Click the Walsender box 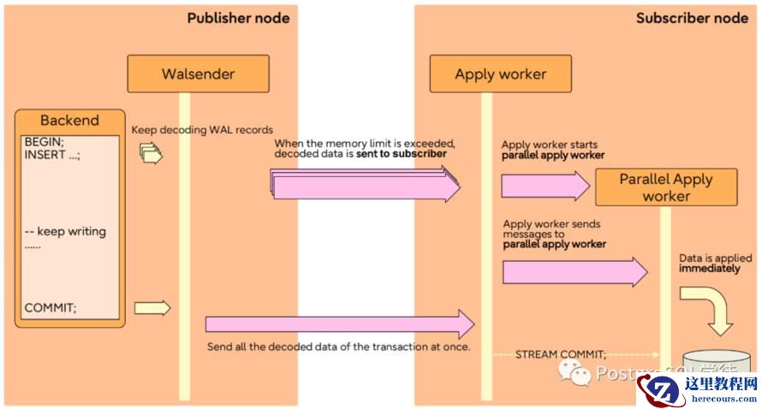pos(198,74)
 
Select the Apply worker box pos(500,74)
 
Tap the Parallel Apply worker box pos(666,187)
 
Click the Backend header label pos(69,121)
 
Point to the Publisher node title pos(238,17)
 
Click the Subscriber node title pos(692,17)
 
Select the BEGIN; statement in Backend pos(44,141)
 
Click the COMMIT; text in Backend pos(50,308)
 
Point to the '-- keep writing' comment pos(65,231)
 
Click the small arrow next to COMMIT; pos(152,308)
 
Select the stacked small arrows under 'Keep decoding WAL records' pos(152,154)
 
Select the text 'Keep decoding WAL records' pos(202,130)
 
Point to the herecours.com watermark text pos(722,399)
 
